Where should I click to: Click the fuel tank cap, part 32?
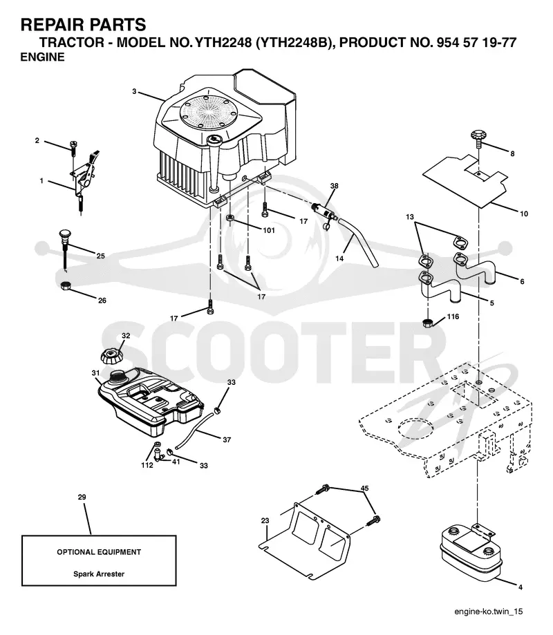tap(111, 355)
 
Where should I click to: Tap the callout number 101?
tap(269, 230)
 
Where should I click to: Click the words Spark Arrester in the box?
tap(99, 574)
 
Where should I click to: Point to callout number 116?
tap(453, 316)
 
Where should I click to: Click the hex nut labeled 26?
tap(64, 285)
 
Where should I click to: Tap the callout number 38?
tap(335, 186)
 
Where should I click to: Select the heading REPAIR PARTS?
tap(83, 25)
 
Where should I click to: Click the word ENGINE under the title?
tap(43, 57)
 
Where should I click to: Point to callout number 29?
tap(82, 497)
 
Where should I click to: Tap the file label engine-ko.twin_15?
tap(489, 612)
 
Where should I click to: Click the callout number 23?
tap(265, 520)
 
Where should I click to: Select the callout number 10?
tap(524, 214)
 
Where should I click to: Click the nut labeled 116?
tap(427, 323)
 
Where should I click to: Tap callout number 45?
tap(364, 489)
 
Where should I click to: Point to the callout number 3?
tap(134, 91)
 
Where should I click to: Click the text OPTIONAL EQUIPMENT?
tap(99, 552)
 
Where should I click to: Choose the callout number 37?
tap(227, 439)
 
